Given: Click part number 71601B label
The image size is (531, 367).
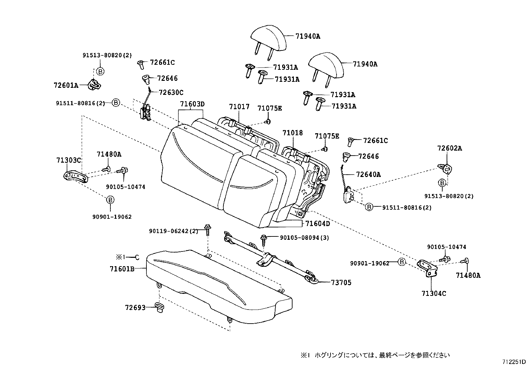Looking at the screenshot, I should [x=122, y=268].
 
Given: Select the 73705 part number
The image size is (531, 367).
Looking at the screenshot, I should [x=341, y=283].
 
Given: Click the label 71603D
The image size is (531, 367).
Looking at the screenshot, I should [x=192, y=104].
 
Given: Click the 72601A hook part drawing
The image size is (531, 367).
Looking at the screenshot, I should [x=95, y=84].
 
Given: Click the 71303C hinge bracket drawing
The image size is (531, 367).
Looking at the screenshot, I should [x=75, y=176].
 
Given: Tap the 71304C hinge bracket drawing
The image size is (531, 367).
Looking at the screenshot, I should [x=428, y=267].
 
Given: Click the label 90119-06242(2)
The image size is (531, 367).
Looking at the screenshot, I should [x=173, y=231].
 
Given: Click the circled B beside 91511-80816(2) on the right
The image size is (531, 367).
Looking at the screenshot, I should [x=369, y=207].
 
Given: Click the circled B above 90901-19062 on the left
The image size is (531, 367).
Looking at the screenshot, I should [x=110, y=200].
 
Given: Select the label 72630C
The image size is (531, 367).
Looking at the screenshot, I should [x=171, y=93].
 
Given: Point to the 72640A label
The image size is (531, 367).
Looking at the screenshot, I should [x=368, y=174].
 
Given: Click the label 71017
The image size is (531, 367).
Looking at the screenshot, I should [x=239, y=107].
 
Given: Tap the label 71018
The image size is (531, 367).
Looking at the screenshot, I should [x=293, y=133].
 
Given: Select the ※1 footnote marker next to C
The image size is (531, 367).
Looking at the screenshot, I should [x=120, y=257].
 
